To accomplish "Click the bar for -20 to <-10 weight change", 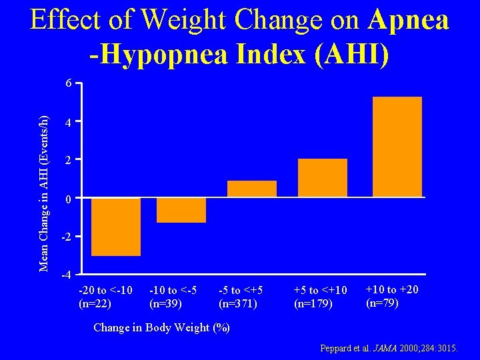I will (x=115, y=227).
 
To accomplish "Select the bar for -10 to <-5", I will (x=181, y=211).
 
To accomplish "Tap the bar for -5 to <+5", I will (x=251, y=189).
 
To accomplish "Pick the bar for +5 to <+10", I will (x=323, y=178).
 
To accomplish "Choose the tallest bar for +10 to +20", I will (x=397, y=147).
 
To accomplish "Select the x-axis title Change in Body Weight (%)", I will (x=161, y=327).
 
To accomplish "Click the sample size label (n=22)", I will (x=95, y=303).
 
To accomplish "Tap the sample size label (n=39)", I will (x=166, y=303).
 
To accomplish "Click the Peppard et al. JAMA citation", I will (x=389, y=349).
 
